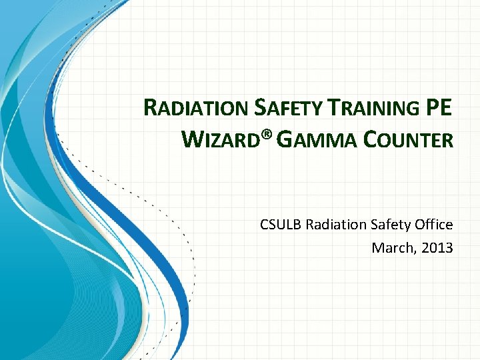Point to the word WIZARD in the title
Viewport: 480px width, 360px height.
tap(221, 140)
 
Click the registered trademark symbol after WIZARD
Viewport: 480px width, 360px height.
tap(267, 135)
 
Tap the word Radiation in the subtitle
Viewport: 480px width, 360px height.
tap(333, 225)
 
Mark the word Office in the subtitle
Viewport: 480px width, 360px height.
tap(434, 225)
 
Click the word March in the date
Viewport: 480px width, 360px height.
tap(391, 248)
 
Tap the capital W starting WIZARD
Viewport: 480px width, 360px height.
tap(191, 139)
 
